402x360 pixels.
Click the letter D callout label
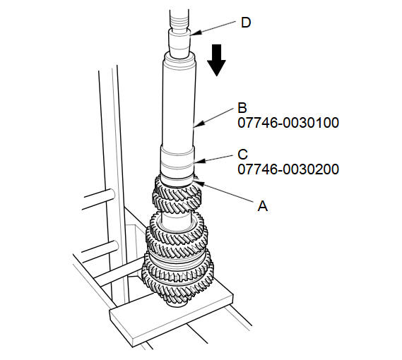pyautogui.click(x=246, y=23)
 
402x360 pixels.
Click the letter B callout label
pyautogui.click(x=242, y=108)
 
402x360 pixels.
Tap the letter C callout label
pyautogui.click(x=242, y=155)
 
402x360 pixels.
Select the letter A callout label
pyautogui.click(x=263, y=206)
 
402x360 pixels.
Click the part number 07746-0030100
pyautogui.click(x=288, y=123)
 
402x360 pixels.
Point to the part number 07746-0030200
pyautogui.click(x=288, y=169)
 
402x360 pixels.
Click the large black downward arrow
pyautogui.click(x=217, y=60)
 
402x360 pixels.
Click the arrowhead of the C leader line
pyautogui.click(x=199, y=162)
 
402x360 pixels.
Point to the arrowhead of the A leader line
pyautogui.click(x=199, y=183)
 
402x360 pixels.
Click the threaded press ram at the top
pyautogui.click(x=179, y=20)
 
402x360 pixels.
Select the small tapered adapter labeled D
pyautogui.click(x=179, y=44)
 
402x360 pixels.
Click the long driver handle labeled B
pyautogui.click(x=179, y=102)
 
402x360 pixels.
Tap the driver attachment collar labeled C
pyautogui.click(x=177, y=165)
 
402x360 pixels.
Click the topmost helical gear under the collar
pyautogui.click(x=177, y=198)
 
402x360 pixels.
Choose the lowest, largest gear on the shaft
pyautogui.click(x=177, y=284)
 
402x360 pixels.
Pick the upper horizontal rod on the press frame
pyautogui.click(x=99, y=199)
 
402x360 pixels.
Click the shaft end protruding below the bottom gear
pyautogui.click(x=176, y=303)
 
